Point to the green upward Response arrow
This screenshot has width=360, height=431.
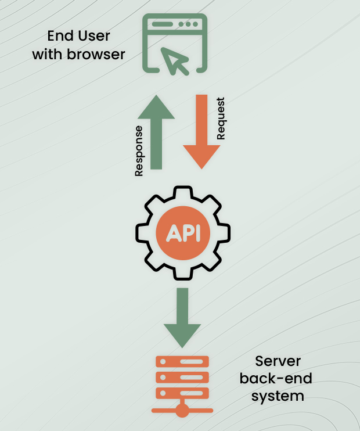click(156, 131)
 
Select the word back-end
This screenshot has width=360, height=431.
click(276, 379)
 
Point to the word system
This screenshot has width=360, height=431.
click(276, 397)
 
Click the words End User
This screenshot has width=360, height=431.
click(78, 37)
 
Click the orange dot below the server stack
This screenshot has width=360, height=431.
click(182, 411)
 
